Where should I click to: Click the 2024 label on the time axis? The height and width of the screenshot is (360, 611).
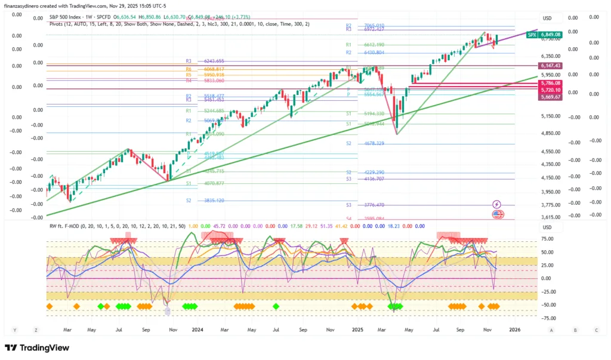pos(198,330)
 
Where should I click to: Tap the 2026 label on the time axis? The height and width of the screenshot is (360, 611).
pos(514,330)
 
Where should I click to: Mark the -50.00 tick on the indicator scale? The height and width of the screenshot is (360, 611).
pos(546,304)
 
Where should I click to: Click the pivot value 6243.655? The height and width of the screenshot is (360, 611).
pos(214,61)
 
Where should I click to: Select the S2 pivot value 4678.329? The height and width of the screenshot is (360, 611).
pos(374,144)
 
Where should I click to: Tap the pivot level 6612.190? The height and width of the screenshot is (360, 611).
pos(374,45)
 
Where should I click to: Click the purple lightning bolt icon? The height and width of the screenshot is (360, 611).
pos(496,204)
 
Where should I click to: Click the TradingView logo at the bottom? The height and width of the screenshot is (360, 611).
pos(37,347)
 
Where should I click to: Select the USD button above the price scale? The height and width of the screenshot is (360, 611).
pos(547,18)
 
